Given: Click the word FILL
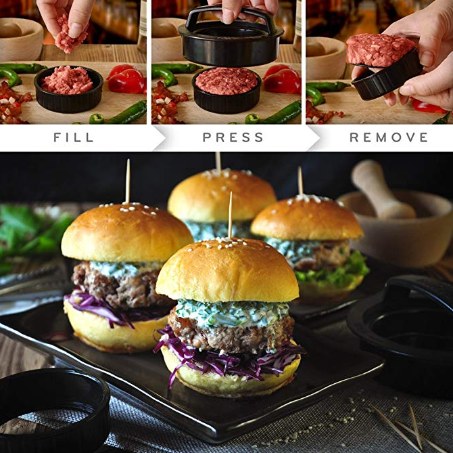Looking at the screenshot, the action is [x=74, y=137].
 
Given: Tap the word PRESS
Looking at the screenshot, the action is [x=233, y=137].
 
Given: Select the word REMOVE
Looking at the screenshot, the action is [x=389, y=137].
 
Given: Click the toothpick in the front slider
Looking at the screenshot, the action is [x=231, y=215].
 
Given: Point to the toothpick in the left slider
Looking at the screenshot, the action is [x=127, y=181].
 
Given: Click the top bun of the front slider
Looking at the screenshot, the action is [x=227, y=270].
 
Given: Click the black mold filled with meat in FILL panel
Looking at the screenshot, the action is [x=68, y=89].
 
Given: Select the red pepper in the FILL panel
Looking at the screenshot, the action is [x=126, y=79].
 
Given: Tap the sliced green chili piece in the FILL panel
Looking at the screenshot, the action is [x=97, y=118].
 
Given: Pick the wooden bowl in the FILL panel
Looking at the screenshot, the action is [x=21, y=39].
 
